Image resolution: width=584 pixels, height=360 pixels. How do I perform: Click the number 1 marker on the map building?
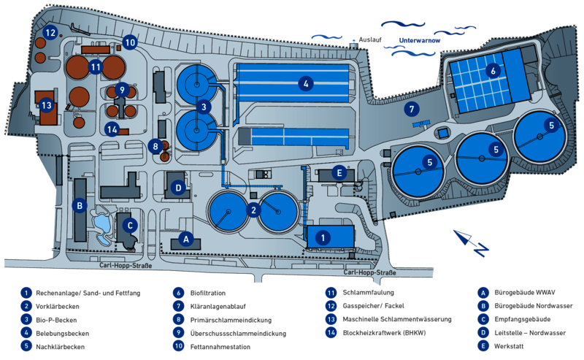pos(326,237)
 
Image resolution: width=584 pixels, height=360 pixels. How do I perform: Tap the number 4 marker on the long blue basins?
pos(307,84)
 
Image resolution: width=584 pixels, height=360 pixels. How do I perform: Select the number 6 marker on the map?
pos(493,71)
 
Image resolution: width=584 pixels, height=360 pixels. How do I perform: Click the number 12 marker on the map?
pos(50,32)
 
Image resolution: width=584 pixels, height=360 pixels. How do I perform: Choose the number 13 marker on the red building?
pos(46,105)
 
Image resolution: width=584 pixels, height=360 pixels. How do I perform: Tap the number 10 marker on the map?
pos(129,42)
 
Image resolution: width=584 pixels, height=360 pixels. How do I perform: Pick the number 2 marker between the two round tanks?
pos(253,210)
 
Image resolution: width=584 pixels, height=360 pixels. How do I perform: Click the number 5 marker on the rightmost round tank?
pos(552,126)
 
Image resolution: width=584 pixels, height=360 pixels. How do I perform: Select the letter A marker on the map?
pos(186,238)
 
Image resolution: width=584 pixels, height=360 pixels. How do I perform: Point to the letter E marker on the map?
pos(339,173)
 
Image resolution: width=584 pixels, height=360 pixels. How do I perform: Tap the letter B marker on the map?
pos(79,206)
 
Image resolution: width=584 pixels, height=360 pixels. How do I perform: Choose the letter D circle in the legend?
pos(482,332)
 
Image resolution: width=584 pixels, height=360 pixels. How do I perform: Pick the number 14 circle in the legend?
pos(330,332)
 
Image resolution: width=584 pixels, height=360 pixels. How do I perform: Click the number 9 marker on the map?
pos(122,89)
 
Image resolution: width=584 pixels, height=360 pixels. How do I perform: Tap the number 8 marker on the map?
pos(155,146)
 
